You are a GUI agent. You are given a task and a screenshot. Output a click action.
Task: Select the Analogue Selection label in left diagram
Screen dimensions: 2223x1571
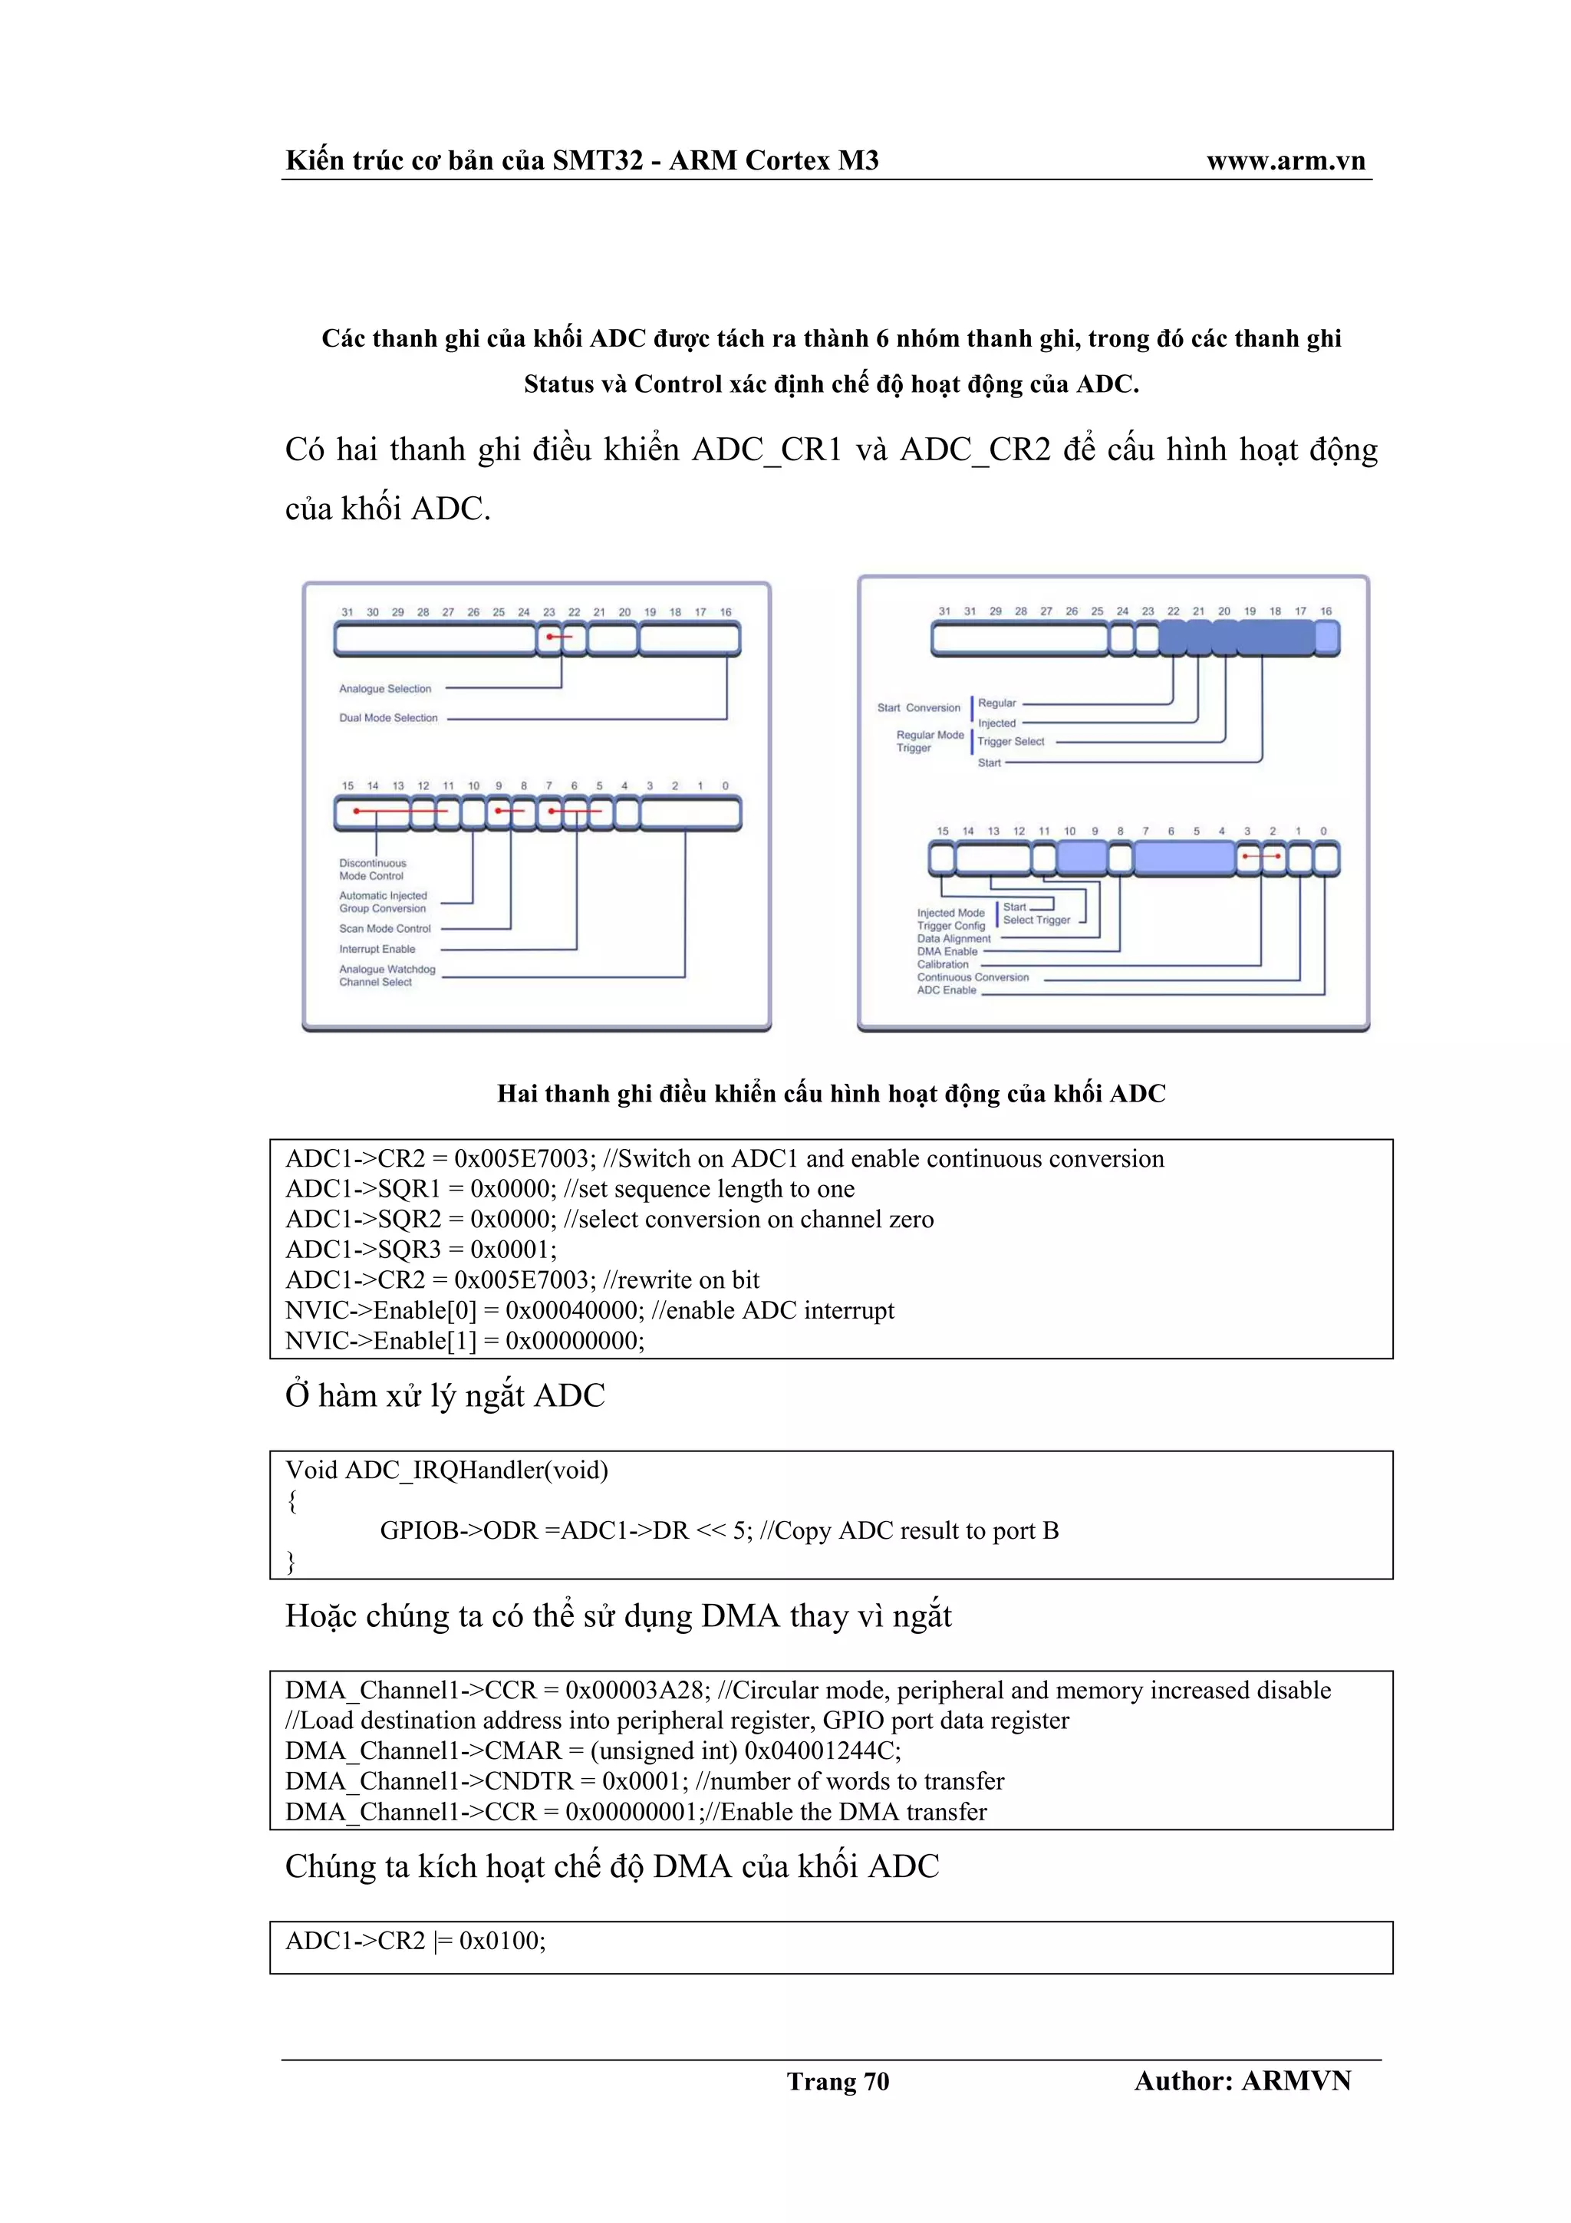[x=384, y=690]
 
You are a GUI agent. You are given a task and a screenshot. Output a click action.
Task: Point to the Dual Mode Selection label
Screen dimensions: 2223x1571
[x=387, y=719]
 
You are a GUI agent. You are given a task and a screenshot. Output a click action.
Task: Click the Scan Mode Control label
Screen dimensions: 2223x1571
[x=384, y=928]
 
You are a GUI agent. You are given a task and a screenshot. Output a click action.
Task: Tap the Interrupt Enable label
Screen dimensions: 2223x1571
[x=377, y=950]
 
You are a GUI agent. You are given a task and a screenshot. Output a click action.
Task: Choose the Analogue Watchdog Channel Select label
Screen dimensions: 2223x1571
[x=386, y=976]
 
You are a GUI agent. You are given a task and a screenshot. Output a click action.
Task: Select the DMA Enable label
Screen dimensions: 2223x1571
[x=947, y=952]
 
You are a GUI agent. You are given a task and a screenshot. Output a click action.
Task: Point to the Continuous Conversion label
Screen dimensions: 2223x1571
[x=972, y=978]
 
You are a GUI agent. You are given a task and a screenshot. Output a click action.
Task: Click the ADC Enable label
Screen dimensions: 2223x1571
[x=946, y=990]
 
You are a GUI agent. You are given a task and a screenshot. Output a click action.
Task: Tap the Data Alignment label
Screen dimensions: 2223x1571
[x=953, y=939]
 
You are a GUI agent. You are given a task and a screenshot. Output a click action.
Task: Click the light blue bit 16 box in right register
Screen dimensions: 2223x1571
[x=1326, y=638]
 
